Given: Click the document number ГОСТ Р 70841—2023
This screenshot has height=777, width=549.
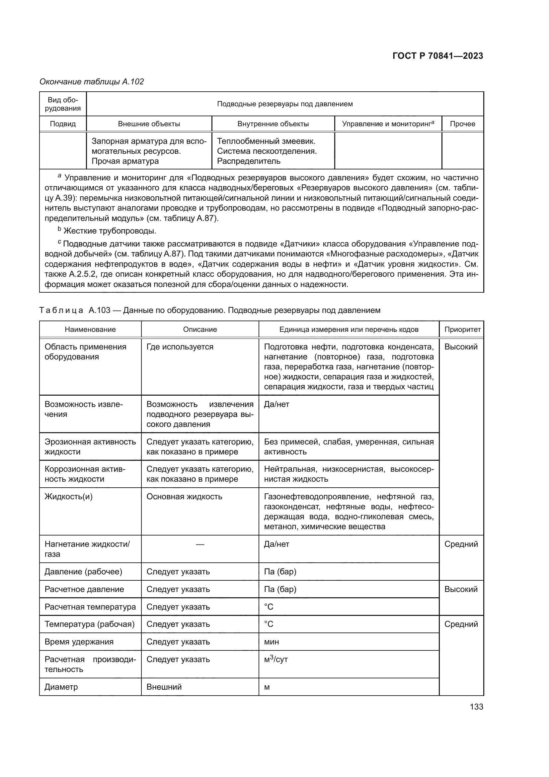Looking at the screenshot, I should tap(438, 56).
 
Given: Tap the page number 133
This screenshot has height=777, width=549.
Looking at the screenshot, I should tap(476, 707).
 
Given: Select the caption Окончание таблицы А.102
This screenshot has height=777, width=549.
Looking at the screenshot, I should tap(92, 82).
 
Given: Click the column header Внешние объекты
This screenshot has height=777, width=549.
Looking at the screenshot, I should tap(149, 124).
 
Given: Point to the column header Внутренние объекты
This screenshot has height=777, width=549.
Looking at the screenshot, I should tap(273, 124).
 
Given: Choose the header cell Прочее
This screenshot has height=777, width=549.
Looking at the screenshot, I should tap(462, 124).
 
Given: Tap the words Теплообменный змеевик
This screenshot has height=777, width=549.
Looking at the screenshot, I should tap(266, 141).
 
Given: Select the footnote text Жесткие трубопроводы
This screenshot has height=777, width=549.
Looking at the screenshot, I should tap(110, 231).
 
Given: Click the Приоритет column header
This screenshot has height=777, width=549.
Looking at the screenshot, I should tap(462, 330).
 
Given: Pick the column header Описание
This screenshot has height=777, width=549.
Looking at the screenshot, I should tap(200, 330).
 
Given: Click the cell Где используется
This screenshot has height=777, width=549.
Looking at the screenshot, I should tap(180, 347).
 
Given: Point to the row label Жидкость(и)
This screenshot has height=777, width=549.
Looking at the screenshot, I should tap(69, 497).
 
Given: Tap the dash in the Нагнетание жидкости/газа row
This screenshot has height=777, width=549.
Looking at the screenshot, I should tap(200, 544).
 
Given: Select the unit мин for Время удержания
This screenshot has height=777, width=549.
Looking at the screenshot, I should tap(272, 642).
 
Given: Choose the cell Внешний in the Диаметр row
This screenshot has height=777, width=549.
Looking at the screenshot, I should tap(164, 687).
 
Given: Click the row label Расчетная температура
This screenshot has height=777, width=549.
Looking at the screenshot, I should tap(90, 607).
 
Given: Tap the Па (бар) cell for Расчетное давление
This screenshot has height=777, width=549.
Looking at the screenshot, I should tap(280, 589).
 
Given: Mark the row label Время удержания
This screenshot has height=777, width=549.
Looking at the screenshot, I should tap(79, 642).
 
